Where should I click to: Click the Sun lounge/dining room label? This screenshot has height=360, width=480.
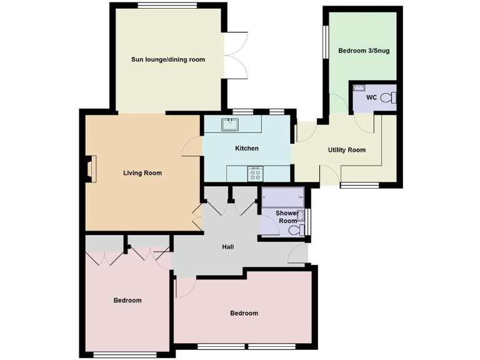click(x=168, y=60)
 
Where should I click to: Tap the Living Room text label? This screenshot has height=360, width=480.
click(x=142, y=173)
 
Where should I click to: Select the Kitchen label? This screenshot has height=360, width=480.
click(x=246, y=148)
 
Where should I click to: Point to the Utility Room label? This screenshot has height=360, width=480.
click(x=347, y=150)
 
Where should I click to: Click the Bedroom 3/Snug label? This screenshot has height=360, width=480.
click(x=364, y=51)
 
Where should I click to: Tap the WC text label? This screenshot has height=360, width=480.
click(x=371, y=97)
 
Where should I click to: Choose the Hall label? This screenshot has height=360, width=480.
click(x=227, y=247)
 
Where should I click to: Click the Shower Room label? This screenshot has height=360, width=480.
click(x=287, y=217)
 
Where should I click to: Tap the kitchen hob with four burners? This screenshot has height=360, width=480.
click(x=256, y=174)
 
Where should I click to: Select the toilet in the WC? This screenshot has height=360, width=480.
click(x=389, y=97)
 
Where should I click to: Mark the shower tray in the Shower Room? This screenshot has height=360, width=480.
click(x=282, y=197)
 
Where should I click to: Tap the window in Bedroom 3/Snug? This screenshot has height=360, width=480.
click(x=326, y=42)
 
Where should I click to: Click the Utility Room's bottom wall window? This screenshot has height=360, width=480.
click(x=359, y=185)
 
